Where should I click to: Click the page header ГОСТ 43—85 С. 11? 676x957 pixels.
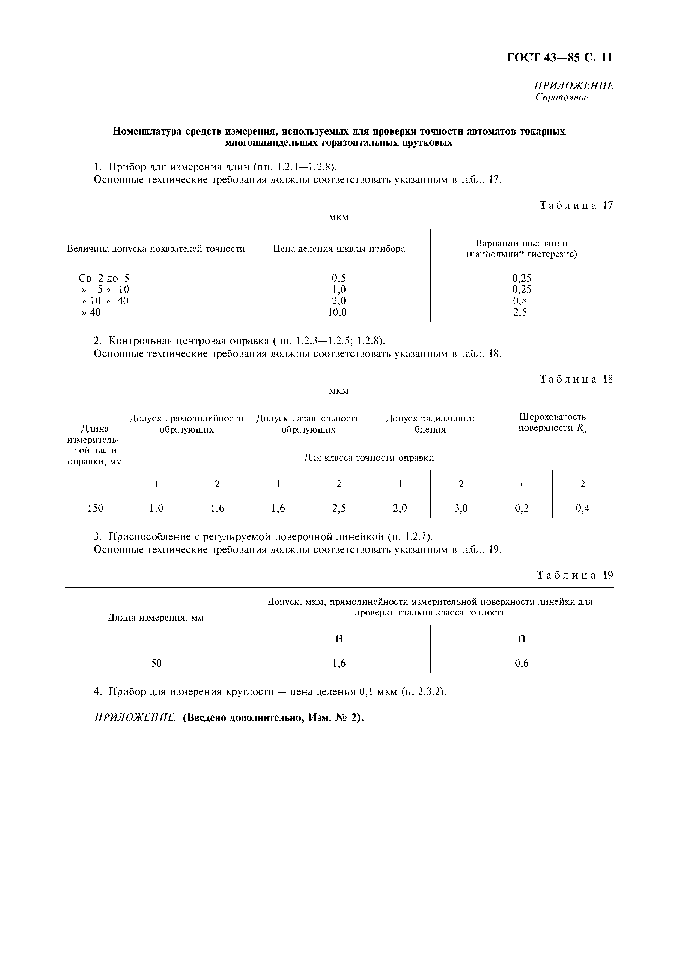click(x=559, y=58)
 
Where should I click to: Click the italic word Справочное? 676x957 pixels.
click(x=562, y=97)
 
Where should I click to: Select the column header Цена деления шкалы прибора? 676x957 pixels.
click(x=339, y=249)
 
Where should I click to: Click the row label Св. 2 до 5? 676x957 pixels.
click(x=104, y=278)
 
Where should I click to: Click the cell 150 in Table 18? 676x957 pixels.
click(x=96, y=508)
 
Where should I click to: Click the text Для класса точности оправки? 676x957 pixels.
click(x=369, y=458)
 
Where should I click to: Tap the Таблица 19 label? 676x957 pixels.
click(x=574, y=576)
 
